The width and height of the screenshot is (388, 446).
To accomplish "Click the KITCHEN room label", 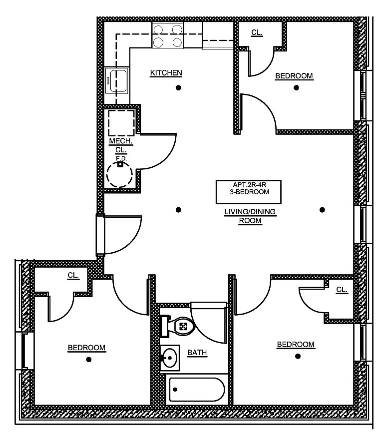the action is [166, 73].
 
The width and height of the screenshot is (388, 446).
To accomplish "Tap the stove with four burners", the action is [167, 35].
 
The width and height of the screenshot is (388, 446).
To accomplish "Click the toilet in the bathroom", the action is [178, 327].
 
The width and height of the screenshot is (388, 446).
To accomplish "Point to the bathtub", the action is [197, 390].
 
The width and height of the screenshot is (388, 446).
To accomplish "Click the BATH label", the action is [197, 353].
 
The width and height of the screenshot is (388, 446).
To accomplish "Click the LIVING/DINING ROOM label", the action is [250, 216].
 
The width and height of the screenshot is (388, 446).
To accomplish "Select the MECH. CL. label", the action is [120, 145].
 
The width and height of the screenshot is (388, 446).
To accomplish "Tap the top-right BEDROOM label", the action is [294, 76].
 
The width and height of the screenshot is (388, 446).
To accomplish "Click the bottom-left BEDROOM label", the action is [86, 348].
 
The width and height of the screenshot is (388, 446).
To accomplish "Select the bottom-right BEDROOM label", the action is [296, 344].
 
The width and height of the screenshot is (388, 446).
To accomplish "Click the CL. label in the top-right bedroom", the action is [257, 32].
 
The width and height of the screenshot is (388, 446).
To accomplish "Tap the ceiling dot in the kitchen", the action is [178, 88].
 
